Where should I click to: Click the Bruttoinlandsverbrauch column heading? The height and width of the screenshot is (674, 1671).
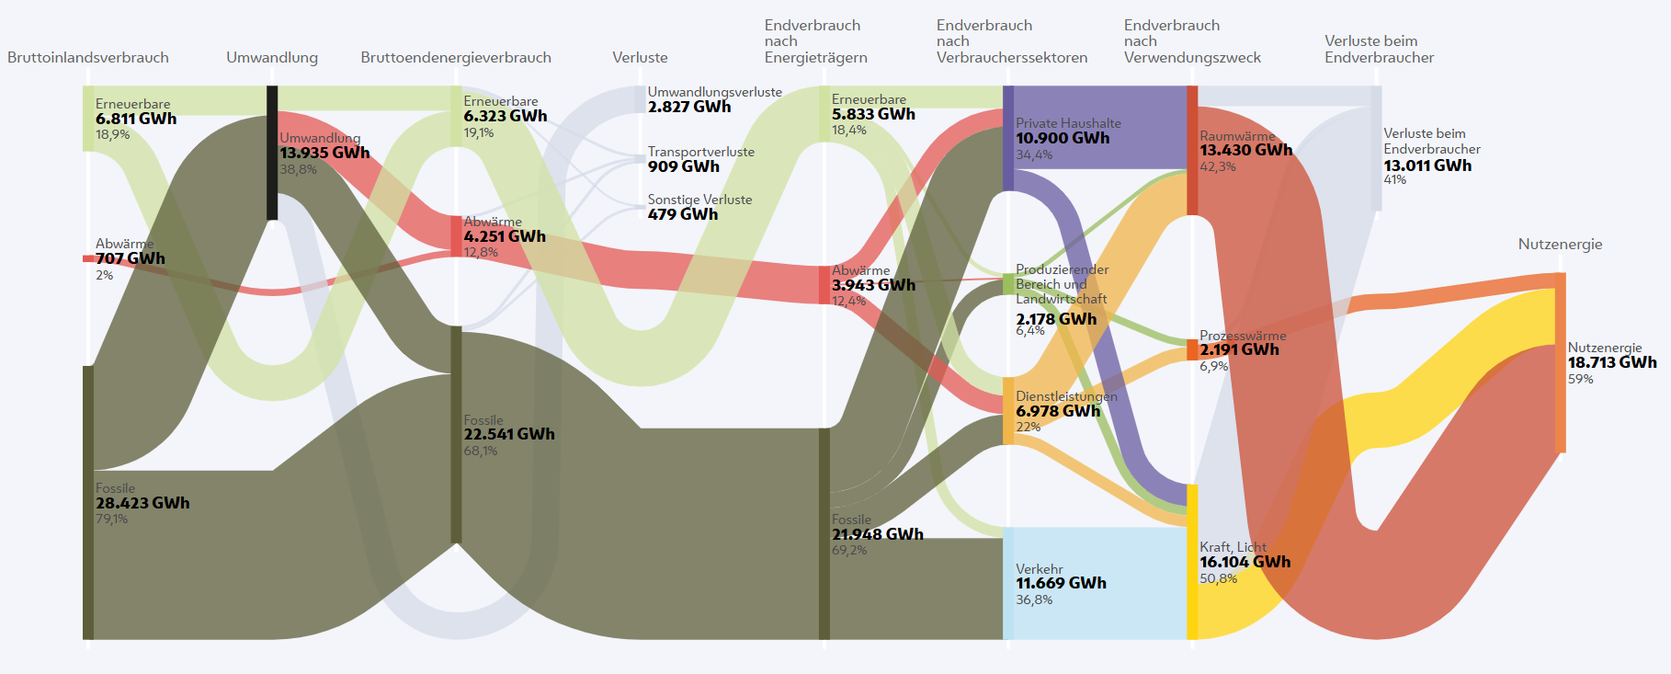coord(88,58)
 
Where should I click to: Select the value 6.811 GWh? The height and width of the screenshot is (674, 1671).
coord(136,119)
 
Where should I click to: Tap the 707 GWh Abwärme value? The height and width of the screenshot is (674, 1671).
coord(131,258)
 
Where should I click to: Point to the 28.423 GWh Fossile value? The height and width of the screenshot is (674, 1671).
coord(142,503)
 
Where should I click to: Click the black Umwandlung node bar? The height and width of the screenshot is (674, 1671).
coord(272,153)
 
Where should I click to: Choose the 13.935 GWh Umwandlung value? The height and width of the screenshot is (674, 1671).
coord(324,153)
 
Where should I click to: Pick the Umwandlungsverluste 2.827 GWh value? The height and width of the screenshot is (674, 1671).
coord(689,107)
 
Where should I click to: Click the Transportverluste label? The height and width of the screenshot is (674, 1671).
coord(700,152)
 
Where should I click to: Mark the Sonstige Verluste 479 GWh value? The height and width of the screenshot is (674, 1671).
coord(683,214)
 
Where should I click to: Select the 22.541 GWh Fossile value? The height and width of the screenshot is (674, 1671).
coord(509,434)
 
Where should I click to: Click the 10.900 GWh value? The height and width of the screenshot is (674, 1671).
coord(1063,138)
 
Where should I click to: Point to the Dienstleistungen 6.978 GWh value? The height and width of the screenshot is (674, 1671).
coord(1058,411)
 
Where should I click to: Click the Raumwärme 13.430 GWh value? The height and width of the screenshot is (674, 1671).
coord(1245,150)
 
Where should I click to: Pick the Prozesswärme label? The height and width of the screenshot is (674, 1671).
coord(1243,336)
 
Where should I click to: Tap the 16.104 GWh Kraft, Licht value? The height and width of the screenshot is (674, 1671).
coord(1245,562)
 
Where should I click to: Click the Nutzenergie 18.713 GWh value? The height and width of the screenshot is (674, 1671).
coord(1611,362)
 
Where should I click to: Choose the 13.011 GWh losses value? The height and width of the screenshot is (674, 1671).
coord(1427,166)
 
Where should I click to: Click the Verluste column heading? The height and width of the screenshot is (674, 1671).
coord(640,58)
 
